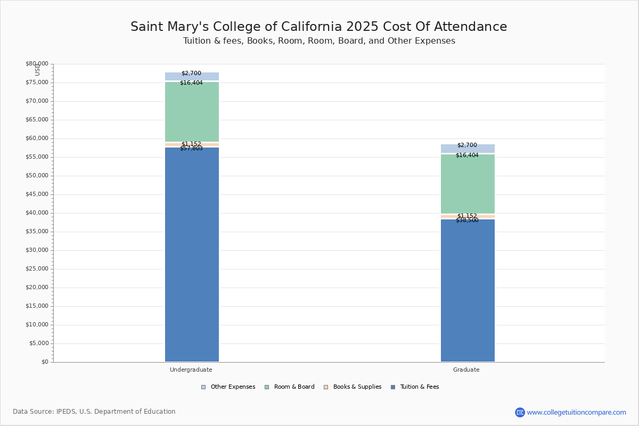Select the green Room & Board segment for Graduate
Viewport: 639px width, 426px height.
pos(468,184)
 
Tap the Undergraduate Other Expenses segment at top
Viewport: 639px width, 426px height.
pos(192,77)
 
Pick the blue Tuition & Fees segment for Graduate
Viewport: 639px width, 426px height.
pos(468,290)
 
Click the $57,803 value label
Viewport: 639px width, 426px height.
pos(191,149)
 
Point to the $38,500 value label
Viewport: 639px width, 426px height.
pos(467,220)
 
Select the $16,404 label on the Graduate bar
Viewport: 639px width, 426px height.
pos(467,155)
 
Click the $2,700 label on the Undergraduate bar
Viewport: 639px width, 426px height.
pos(191,73)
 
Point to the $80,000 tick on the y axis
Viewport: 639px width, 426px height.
pos(37,64)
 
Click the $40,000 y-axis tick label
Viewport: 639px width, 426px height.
pos(37,213)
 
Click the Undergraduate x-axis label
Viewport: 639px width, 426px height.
pos(191,370)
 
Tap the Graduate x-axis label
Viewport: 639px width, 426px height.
pos(466,370)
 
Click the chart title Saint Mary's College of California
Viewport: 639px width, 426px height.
pos(318,27)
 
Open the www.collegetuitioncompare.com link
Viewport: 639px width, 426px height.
pos(576,412)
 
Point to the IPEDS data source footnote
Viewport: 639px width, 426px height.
pos(94,412)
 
